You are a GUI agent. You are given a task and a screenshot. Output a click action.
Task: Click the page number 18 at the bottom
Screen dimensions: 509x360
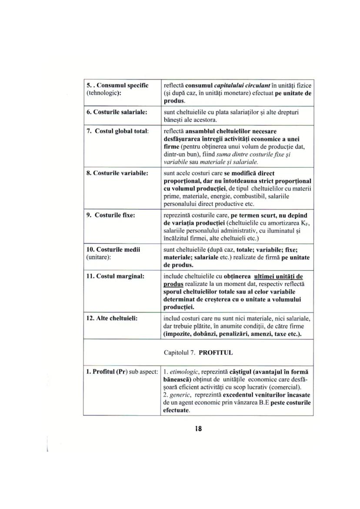(x=198, y=429)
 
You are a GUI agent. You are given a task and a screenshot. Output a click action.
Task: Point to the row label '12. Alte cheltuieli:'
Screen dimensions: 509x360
(x=113, y=318)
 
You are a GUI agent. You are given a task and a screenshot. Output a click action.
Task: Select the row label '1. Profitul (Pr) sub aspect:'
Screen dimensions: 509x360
(x=121, y=372)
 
